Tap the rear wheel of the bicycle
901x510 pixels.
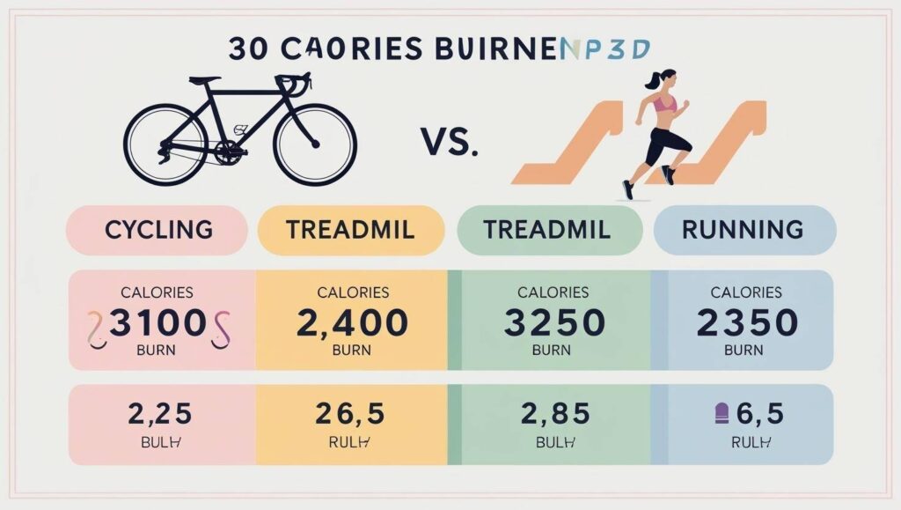point(165,144)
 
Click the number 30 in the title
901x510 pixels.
point(244,49)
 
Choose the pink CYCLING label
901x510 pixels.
point(158,230)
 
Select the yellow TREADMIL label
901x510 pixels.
point(351,230)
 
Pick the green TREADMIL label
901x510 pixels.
point(547,230)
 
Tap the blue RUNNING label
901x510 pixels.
point(743,230)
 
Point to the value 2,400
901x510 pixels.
point(352,323)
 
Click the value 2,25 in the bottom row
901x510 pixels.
point(159,414)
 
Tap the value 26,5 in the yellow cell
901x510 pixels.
point(352,414)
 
